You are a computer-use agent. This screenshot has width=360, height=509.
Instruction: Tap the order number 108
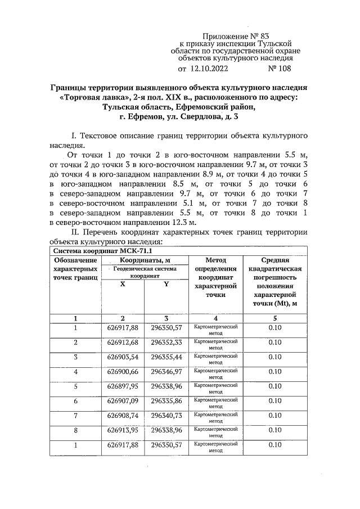pyautogui.click(x=281, y=70)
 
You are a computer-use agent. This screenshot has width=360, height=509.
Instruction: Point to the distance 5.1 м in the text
pyautogui.click(x=201, y=204)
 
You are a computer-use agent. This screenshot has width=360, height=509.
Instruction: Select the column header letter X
pyautogui.click(x=123, y=285)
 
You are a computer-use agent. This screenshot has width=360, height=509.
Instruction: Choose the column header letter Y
pyautogui.click(x=166, y=285)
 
